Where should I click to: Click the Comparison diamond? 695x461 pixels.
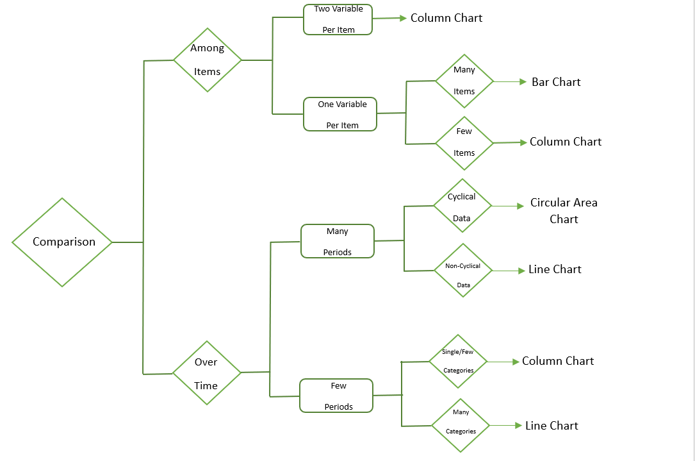tap(63, 242)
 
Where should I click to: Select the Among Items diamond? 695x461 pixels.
tap(208, 60)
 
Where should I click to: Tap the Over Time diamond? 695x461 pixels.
tap(206, 373)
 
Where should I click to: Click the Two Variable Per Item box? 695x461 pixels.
tap(338, 19)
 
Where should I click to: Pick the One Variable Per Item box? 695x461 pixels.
tap(340, 114)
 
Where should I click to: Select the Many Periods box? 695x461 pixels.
tap(338, 241)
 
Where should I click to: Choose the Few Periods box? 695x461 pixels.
tap(336, 396)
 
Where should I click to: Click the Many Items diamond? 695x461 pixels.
tap(464, 81)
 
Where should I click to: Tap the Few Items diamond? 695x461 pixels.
tap(464, 142)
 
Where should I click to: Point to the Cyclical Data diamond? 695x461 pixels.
tap(462, 206)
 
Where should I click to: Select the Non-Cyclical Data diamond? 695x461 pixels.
tap(463, 271)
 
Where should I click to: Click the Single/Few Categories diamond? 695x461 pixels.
tap(459, 362)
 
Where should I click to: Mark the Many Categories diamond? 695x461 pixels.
tap(461, 425)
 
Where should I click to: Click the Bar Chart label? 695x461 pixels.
tap(556, 82)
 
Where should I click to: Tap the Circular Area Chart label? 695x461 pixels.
tap(564, 211)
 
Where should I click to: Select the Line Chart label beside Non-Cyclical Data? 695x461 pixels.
tap(555, 269)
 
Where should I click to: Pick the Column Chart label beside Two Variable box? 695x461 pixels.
tap(446, 18)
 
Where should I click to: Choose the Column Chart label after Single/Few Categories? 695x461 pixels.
tap(558, 361)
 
